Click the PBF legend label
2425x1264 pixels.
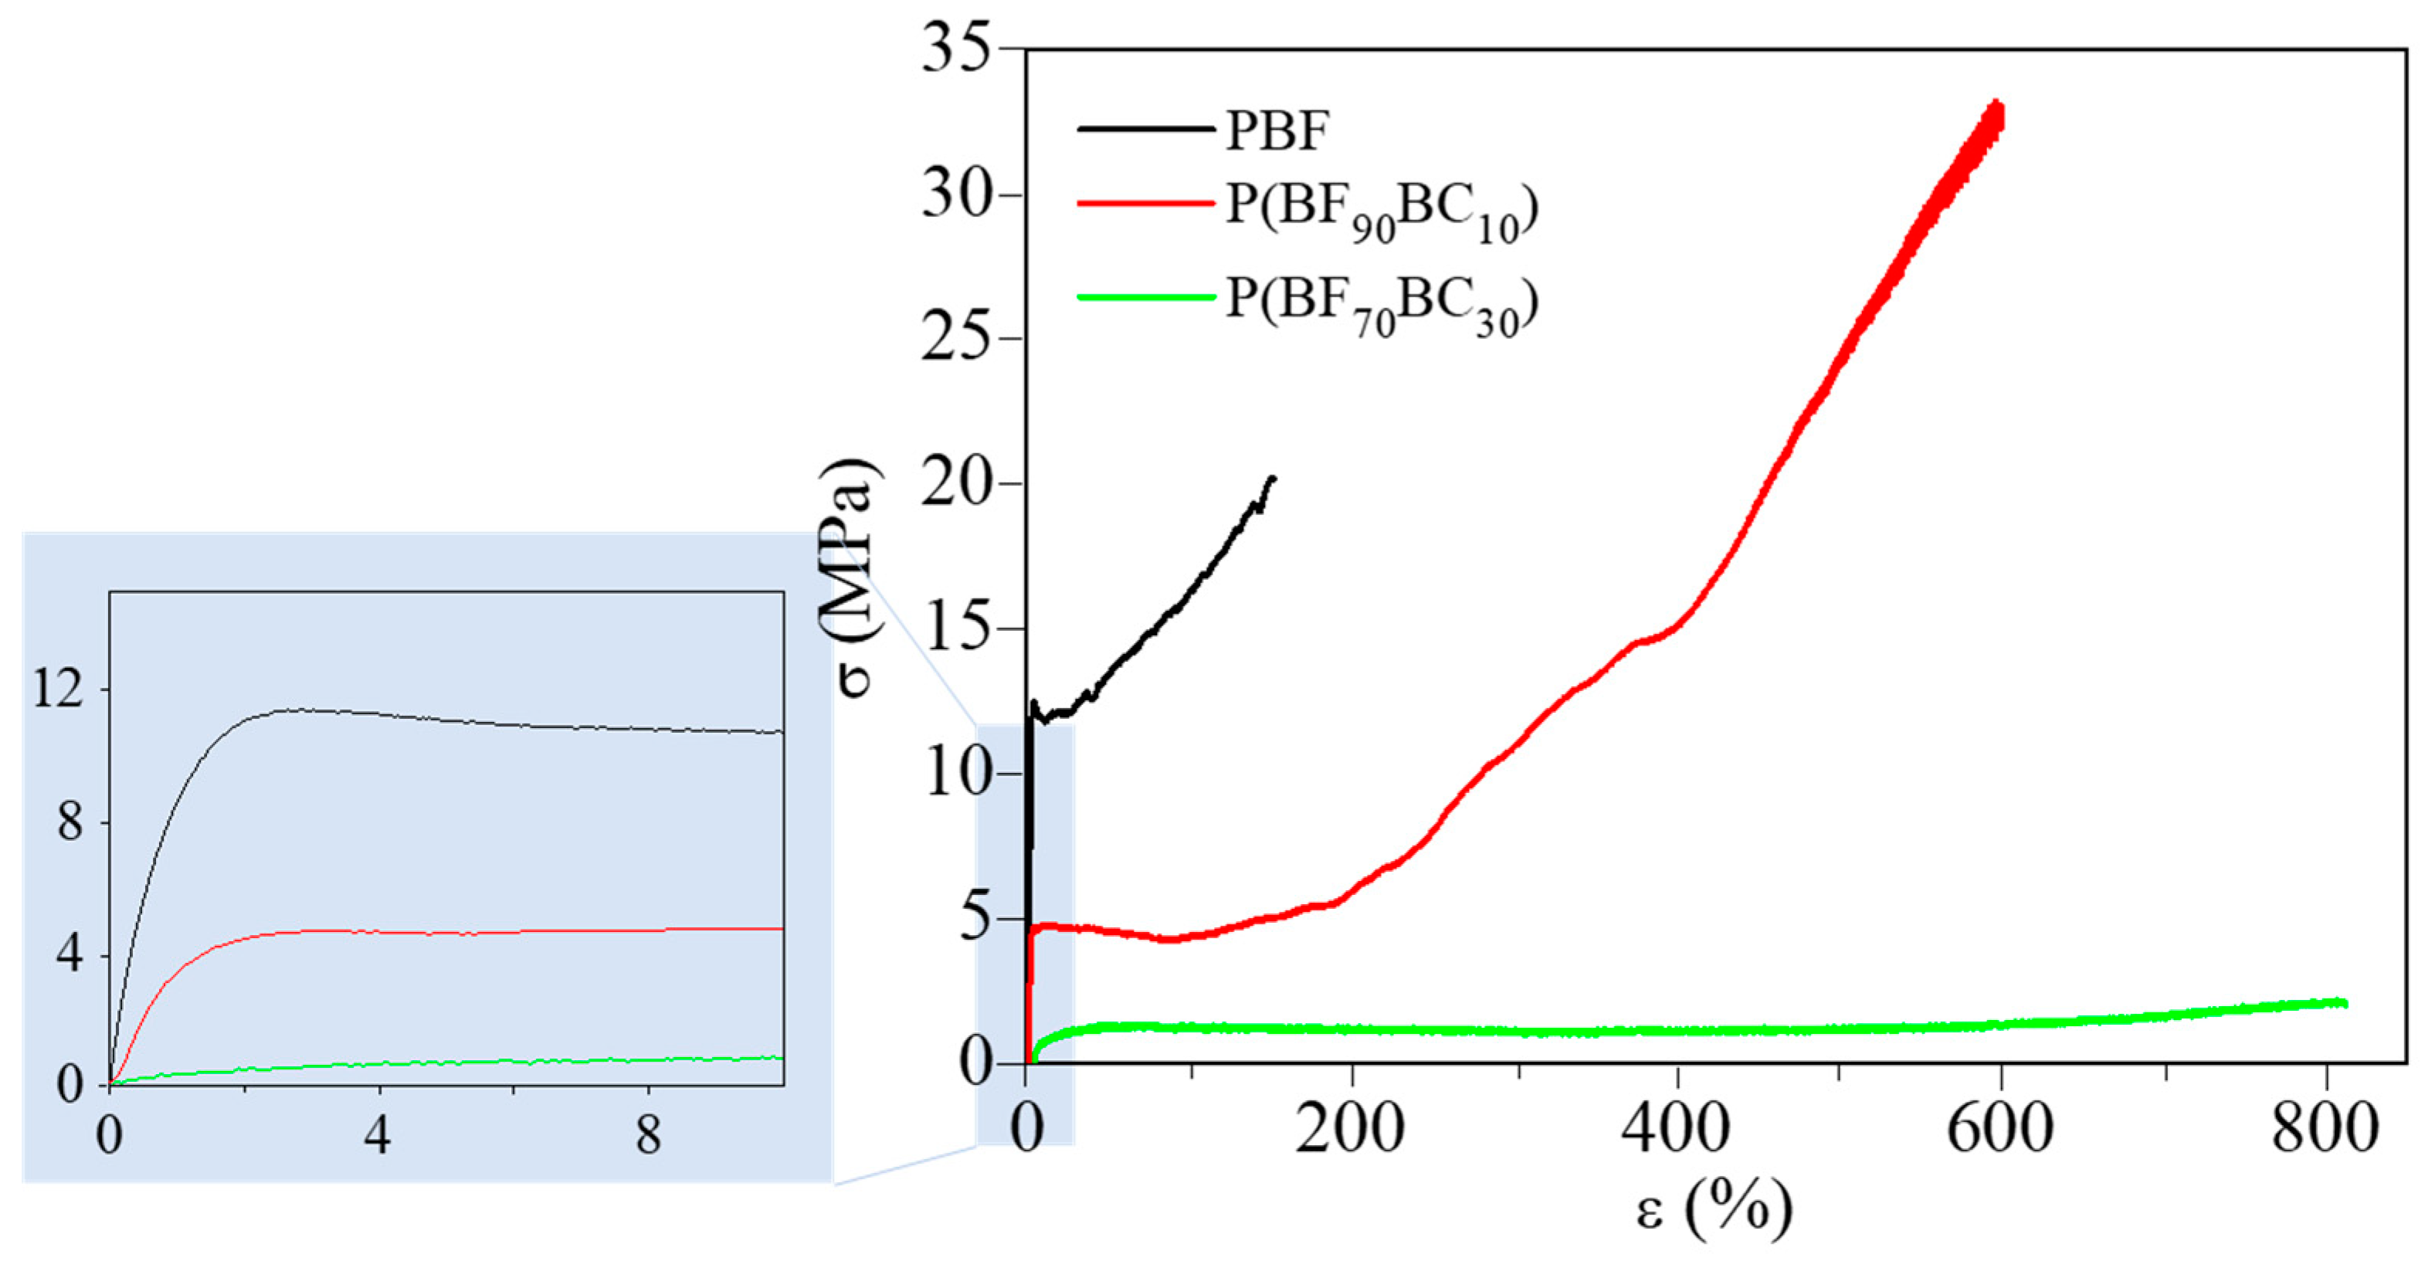[x=1276, y=130]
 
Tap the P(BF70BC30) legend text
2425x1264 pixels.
[x=1381, y=307]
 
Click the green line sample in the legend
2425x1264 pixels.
[x=1145, y=297]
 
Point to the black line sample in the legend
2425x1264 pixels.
[x=1145, y=128]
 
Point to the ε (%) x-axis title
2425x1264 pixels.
[x=1713, y=1209]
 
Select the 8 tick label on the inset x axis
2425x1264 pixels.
[x=648, y=1135]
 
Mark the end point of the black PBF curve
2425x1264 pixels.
[x=1274, y=478]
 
